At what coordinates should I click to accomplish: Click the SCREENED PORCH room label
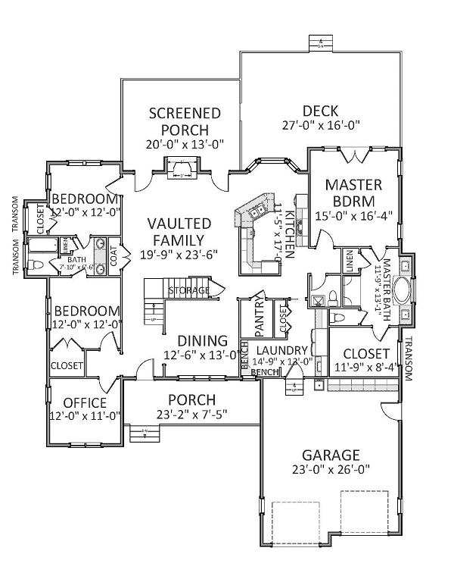tap(185, 121)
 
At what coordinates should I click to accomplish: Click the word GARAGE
tap(331, 455)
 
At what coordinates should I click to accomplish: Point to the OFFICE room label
tap(84, 402)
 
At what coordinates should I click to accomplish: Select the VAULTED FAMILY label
tap(179, 231)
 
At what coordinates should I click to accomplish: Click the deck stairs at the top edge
tap(321, 42)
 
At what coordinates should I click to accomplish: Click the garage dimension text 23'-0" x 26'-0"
tap(331, 470)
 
